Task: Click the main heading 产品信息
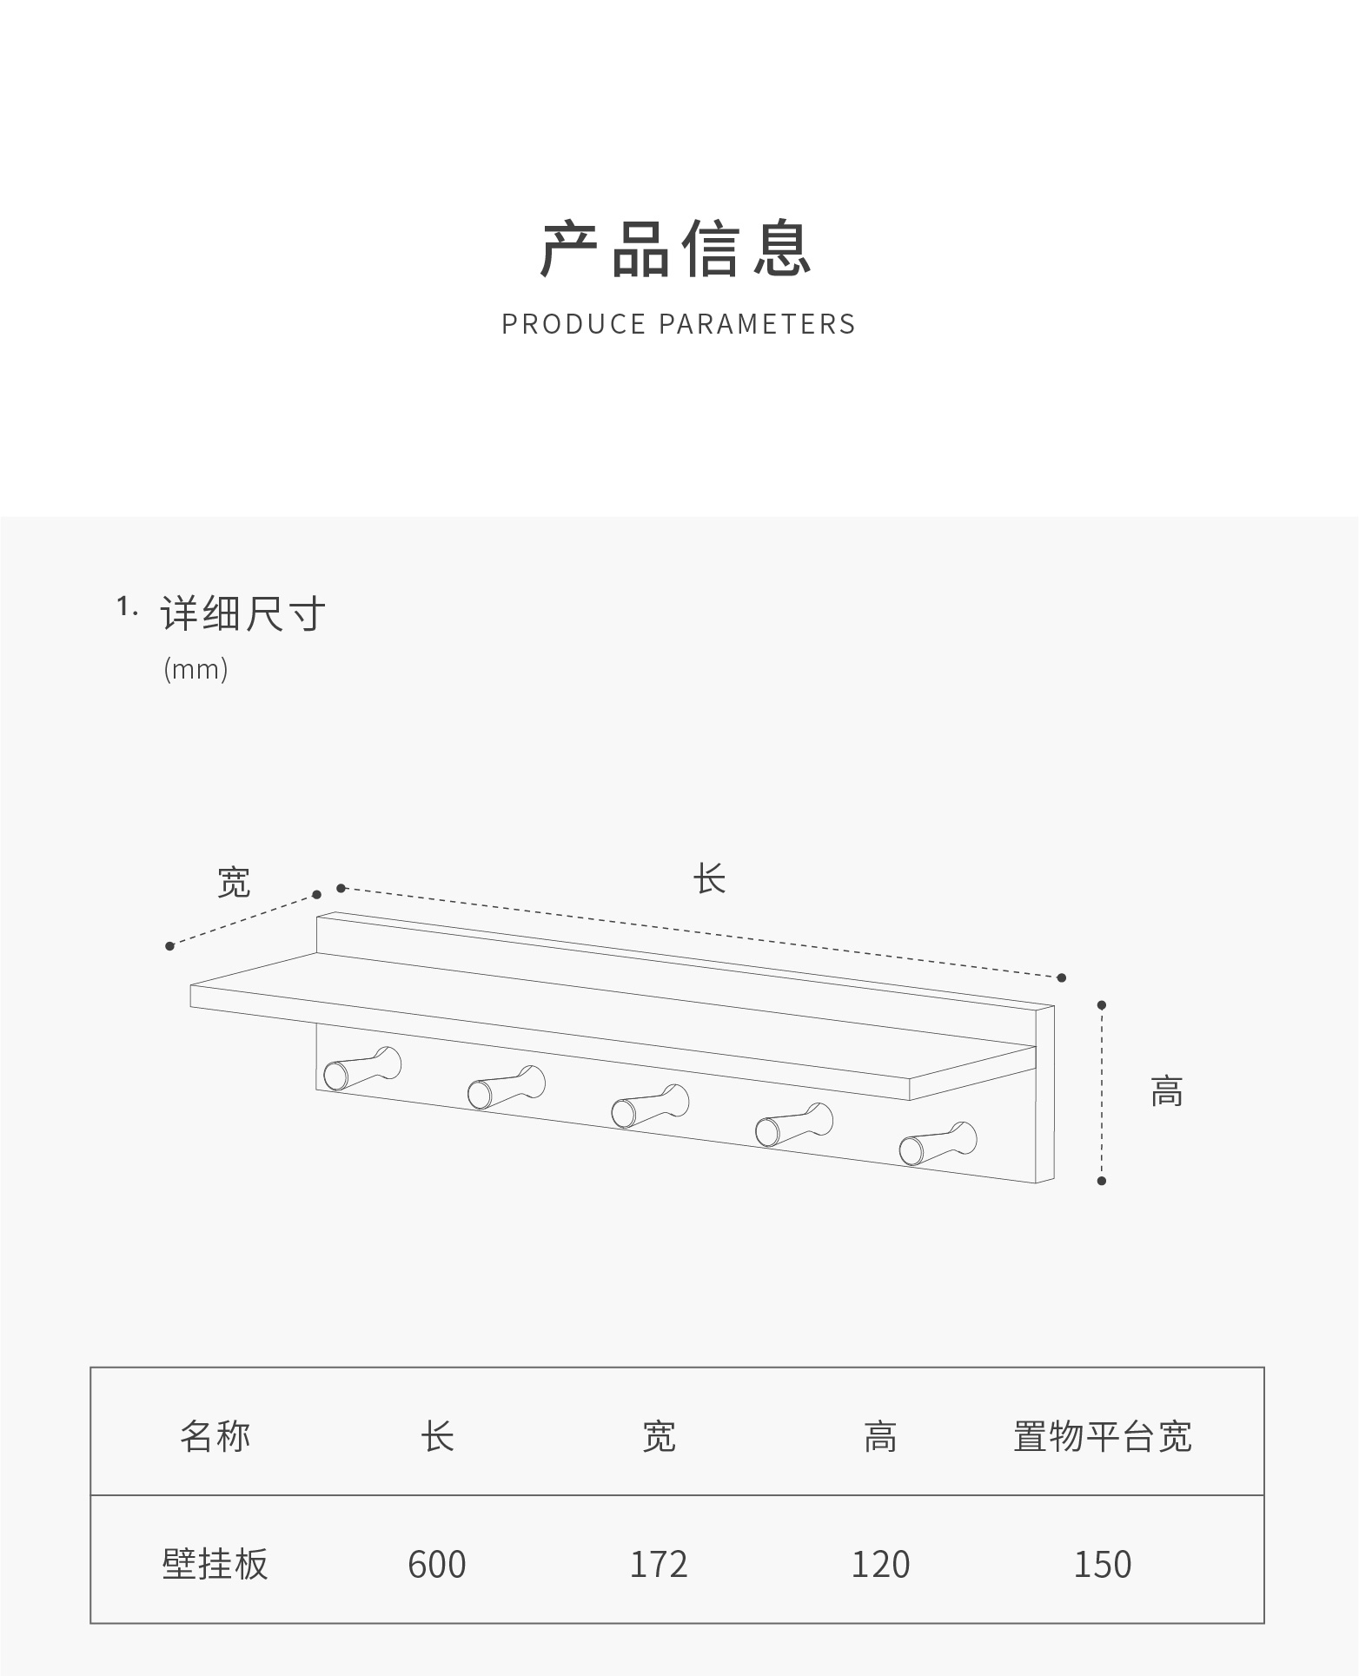pyautogui.click(x=677, y=250)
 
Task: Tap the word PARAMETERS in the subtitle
pyautogui.click(x=757, y=324)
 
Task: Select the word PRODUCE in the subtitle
pyautogui.click(x=573, y=324)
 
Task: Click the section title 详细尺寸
pyautogui.click(x=242, y=614)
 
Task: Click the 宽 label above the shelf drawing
pyautogui.click(x=234, y=882)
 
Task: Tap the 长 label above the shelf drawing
pyautogui.click(x=709, y=878)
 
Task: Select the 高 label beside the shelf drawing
pyautogui.click(x=1166, y=1090)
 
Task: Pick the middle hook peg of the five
pyautogui.click(x=648, y=1107)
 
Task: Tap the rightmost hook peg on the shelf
pyautogui.click(x=937, y=1143)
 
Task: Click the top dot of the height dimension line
pyautogui.click(x=1102, y=1005)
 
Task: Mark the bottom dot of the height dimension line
pyautogui.click(x=1102, y=1181)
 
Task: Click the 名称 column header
pyautogui.click(x=215, y=1436)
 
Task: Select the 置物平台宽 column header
pyautogui.click(x=1102, y=1436)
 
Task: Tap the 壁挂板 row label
pyautogui.click(x=215, y=1564)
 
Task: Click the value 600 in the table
pyautogui.click(x=437, y=1564)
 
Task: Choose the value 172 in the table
pyautogui.click(x=659, y=1564)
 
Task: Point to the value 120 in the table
pyautogui.click(x=880, y=1564)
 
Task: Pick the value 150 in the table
pyautogui.click(x=1102, y=1564)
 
